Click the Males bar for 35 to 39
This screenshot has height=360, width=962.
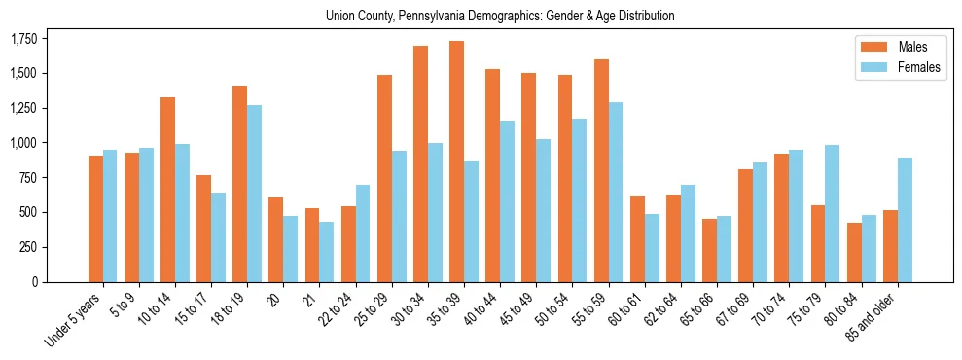point(456,162)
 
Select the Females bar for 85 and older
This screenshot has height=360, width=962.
point(905,220)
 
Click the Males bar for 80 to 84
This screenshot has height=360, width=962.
point(854,252)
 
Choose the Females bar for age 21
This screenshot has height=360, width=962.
point(327,252)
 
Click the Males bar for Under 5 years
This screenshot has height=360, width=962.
point(95,219)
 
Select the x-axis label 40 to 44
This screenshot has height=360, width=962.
point(481,308)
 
